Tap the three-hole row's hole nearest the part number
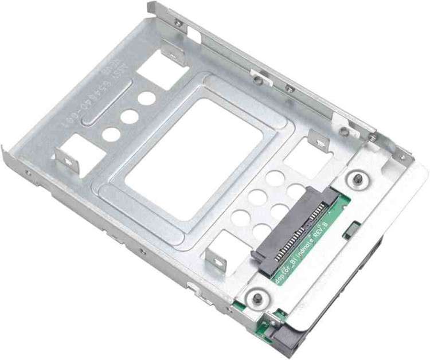click(x=147, y=97)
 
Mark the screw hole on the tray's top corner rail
click(x=178, y=24)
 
